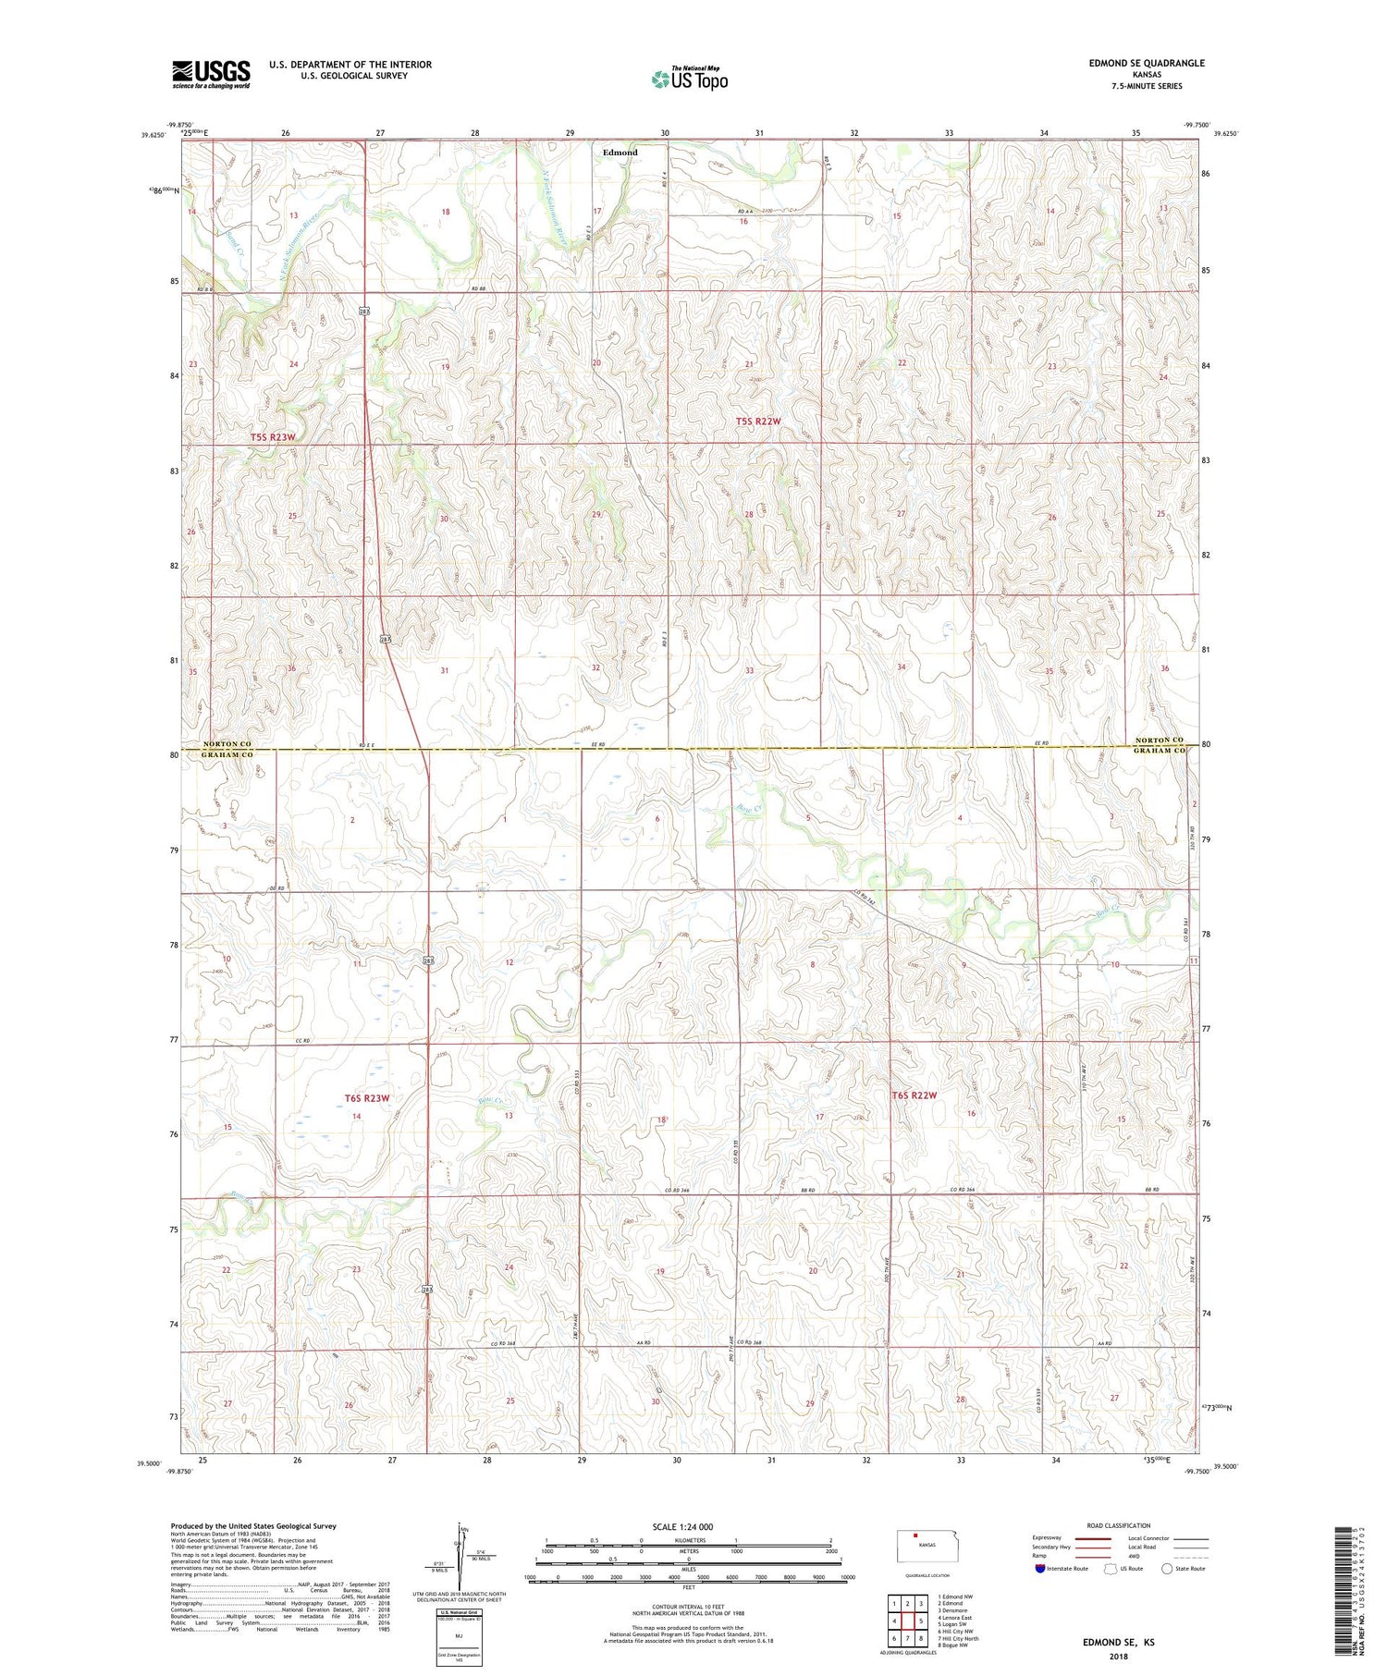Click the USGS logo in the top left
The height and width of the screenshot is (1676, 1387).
coord(211,73)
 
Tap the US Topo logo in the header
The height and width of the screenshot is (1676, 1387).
coord(689,79)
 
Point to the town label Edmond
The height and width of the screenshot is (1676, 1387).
coord(620,153)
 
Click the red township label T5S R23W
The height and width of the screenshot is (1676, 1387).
coord(274,436)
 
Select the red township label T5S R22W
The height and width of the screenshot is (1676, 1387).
coord(758,422)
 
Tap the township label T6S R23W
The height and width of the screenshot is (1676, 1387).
coord(367,1098)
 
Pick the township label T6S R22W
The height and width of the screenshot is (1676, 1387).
coord(914,1095)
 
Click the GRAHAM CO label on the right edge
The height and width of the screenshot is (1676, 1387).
coord(1160,752)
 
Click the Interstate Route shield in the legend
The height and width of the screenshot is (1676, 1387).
coord(1040,1569)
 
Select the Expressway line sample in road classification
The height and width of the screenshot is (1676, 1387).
coord(1092,1538)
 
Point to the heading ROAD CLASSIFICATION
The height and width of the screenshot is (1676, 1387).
coord(1119,1525)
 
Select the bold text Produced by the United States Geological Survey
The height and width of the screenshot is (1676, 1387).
coord(253,1526)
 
